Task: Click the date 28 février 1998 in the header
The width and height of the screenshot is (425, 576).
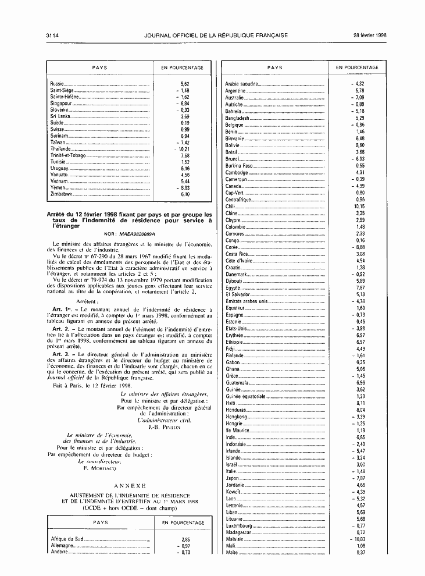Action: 370,35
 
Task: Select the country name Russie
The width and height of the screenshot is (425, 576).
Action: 57,84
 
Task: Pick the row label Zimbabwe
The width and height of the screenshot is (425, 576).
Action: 60,194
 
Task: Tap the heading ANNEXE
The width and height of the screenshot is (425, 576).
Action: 129,485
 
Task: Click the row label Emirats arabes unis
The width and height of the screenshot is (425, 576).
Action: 247,301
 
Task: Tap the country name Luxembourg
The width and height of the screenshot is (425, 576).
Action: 240,525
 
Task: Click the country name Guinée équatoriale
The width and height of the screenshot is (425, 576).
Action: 245,396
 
